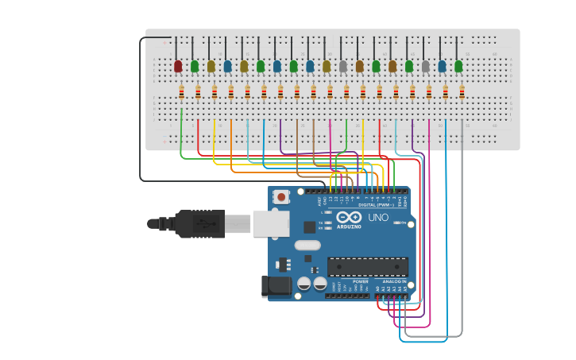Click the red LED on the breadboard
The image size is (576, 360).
click(178, 66)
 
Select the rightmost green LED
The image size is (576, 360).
click(458, 66)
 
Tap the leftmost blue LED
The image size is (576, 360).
click(228, 66)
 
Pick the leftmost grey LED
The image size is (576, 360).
click(343, 66)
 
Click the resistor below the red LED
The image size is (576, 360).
click(181, 93)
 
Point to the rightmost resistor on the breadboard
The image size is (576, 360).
click(462, 93)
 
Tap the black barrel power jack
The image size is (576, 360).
click(276, 286)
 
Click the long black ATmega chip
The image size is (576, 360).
click(368, 267)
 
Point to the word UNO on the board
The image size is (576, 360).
click(378, 217)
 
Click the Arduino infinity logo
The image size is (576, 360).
click(349, 217)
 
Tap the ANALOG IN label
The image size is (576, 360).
click(394, 281)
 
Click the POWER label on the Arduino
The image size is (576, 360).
click(361, 281)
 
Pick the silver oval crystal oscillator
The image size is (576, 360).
click(307, 246)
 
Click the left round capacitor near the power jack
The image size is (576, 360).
click(303, 283)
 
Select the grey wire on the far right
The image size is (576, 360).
click(462, 238)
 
